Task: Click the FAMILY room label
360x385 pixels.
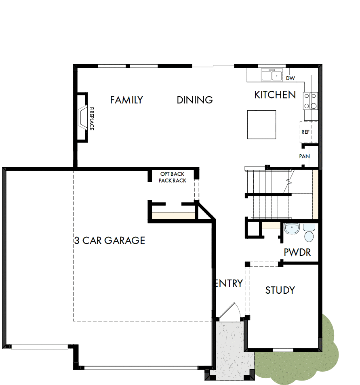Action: [126, 100]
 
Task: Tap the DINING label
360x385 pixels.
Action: [195, 100]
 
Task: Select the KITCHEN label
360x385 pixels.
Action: [275, 95]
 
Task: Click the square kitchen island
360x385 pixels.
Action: [261, 124]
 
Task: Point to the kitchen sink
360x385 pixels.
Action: [272, 75]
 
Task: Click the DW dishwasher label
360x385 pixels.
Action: [290, 78]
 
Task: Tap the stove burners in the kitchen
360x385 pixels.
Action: [311, 101]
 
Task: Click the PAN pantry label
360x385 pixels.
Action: [304, 156]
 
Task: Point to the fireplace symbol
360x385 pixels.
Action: [82, 117]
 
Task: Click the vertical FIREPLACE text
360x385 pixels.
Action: [92, 118]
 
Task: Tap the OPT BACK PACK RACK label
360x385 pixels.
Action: [173, 177]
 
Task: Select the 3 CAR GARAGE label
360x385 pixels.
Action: [109, 241]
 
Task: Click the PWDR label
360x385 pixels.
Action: [297, 253]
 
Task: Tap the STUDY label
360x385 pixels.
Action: [280, 290]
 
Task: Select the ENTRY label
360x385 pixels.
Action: [229, 283]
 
